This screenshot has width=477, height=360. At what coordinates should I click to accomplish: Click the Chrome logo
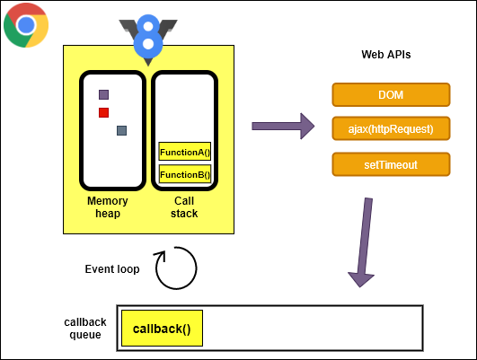pos(26,25)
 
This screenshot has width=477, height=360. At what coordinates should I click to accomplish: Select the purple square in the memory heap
pos(104,94)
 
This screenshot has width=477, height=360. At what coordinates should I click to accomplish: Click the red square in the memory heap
pos(104,112)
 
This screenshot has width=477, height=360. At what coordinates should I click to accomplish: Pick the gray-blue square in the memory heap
pos(121,130)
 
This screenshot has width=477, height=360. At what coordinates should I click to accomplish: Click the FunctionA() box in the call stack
pos(184,152)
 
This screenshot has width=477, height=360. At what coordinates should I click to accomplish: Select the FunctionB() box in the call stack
pos(184,174)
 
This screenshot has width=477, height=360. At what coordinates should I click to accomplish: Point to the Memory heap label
pos(108,206)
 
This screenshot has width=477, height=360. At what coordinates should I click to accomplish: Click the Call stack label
pos(184,206)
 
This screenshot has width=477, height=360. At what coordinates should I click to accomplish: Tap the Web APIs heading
pos(386,55)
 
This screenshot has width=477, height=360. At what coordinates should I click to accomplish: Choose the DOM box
pos(390,95)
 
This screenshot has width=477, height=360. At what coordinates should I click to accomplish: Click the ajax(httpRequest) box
pos(390,129)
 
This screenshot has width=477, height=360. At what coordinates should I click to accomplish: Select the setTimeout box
pos(390,164)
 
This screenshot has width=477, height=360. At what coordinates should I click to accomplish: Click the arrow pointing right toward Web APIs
pos(282,126)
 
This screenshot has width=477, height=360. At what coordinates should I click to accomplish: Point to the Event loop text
pos(112,268)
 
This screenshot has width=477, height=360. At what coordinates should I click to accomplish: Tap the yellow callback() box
pos(162,329)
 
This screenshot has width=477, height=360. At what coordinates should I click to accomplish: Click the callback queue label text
pos(85,329)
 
